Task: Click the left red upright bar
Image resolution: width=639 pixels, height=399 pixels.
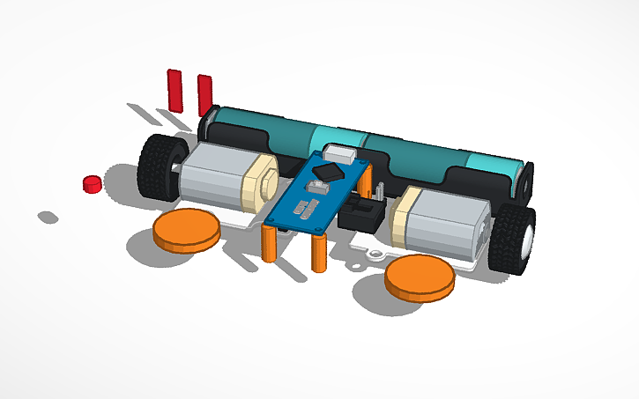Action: coord(175,89)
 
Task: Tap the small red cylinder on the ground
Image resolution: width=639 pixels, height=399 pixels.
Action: coord(91,183)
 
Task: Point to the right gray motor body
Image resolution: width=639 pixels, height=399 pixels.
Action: coord(450,227)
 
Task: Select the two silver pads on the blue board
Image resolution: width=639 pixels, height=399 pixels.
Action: coord(304,210)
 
